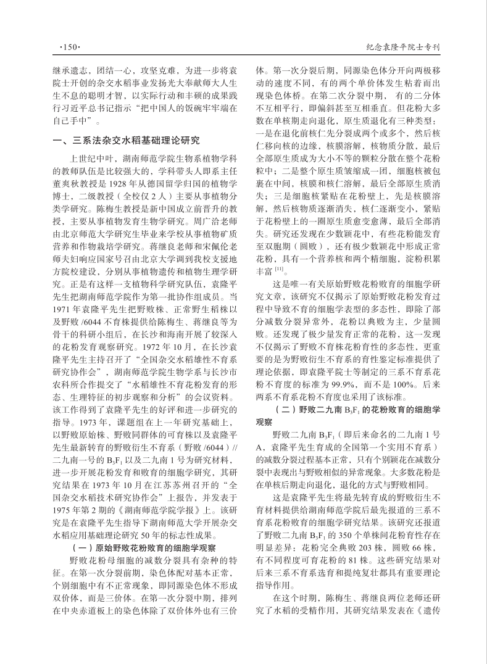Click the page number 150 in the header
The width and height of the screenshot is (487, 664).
[x=65, y=46]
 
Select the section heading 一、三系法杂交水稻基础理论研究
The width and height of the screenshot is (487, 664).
[x=125, y=141]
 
